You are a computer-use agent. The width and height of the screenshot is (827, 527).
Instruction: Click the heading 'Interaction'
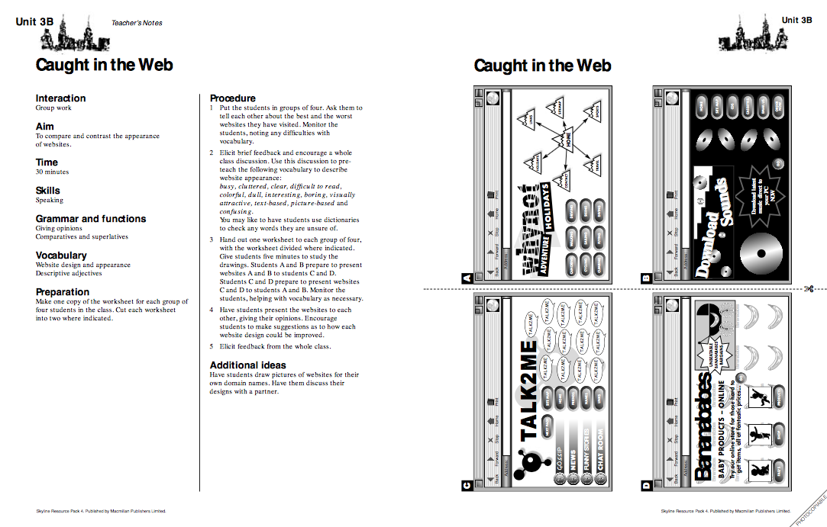point(60,98)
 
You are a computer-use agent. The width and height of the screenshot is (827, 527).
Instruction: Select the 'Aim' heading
point(44,126)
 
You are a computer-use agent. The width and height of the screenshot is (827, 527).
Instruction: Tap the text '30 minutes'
point(52,172)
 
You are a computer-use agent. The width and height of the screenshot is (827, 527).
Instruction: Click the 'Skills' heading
point(47,191)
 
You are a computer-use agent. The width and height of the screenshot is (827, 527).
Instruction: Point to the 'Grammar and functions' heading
point(90,219)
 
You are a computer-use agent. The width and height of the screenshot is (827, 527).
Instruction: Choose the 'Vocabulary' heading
point(61,255)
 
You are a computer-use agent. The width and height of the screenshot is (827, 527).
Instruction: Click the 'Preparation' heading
point(63,292)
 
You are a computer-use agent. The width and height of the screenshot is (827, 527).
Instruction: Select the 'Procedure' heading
point(232,98)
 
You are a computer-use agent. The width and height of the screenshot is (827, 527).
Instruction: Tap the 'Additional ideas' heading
point(248,365)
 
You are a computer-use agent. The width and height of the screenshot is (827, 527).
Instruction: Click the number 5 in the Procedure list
point(212,346)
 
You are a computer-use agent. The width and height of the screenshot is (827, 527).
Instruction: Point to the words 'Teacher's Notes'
point(137,23)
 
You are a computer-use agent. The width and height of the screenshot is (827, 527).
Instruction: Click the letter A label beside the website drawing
point(467,279)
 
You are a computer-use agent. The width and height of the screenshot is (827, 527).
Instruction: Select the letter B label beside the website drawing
point(644,279)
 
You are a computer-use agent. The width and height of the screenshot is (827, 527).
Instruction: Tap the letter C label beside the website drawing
point(467,484)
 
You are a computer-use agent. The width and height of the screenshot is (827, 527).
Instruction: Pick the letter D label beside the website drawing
point(644,484)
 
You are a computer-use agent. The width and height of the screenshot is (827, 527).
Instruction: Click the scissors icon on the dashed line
point(808,289)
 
